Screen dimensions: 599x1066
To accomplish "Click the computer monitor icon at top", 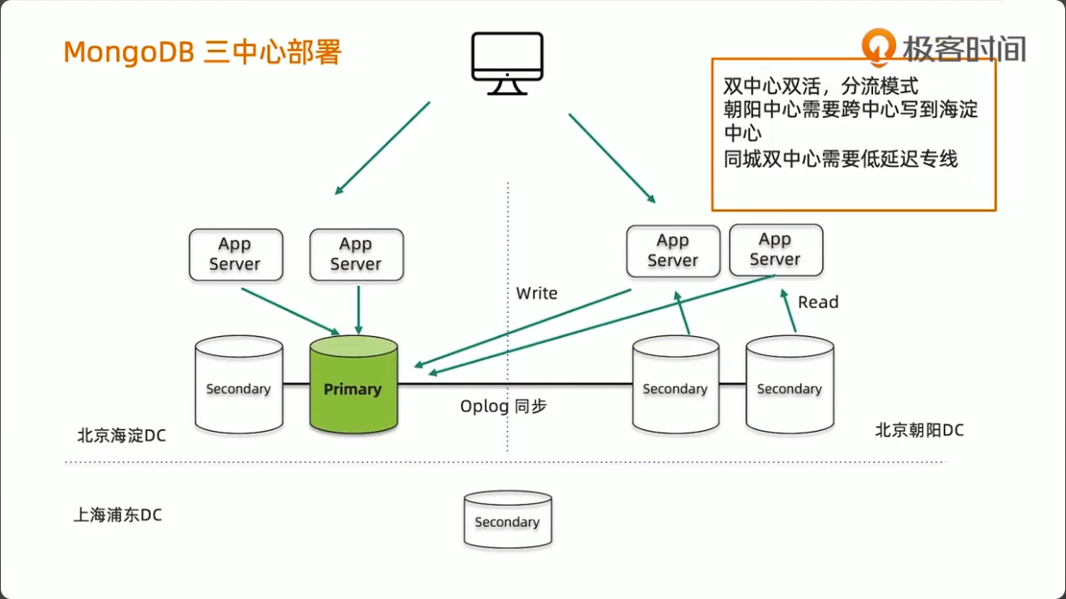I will (508, 63).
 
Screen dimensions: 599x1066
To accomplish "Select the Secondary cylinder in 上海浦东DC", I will (508, 520).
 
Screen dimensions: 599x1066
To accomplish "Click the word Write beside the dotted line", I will (536, 294).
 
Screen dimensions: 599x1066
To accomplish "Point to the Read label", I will (818, 303).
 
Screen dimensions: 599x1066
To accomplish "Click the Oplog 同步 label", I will (503, 406).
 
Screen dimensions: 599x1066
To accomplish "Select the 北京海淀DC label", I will (122, 436).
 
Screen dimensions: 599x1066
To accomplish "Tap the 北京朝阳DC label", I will (919, 430).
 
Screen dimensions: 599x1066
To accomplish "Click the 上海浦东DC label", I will (118, 515).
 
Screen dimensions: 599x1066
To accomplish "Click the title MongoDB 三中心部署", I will (203, 53).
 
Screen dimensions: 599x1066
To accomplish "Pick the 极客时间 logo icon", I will (879, 47).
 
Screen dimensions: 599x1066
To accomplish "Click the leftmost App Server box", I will (235, 255).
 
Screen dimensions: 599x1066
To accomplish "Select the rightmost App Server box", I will (776, 250).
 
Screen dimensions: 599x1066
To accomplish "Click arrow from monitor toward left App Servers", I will (383, 147).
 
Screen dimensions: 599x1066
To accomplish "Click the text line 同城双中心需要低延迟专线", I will (840, 159).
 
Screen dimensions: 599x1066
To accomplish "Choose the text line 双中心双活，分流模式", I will (820, 87).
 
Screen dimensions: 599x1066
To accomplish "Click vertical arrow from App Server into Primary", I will (358, 309).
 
